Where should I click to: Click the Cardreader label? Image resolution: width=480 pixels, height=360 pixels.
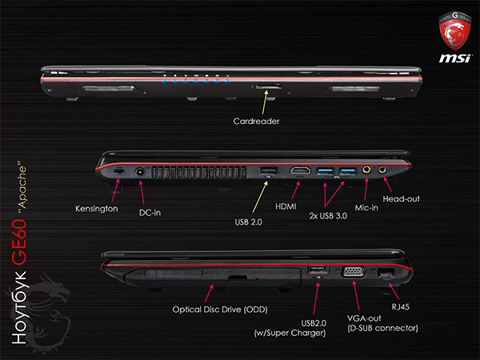click(x=256, y=122)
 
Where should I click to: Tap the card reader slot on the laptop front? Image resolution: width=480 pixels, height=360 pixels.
click(x=269, y=87)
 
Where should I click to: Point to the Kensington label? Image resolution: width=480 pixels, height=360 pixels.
click(x=97, y=209)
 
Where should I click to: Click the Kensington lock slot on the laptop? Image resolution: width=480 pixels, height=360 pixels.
click(x=118, y=171)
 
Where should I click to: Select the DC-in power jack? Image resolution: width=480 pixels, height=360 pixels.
click(x=140, y=171)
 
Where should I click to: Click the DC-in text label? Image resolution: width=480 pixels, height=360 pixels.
click(x=150, y=213)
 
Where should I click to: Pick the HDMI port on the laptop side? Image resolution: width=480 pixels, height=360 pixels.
click(x=300, y=171)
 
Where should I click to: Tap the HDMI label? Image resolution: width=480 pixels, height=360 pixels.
click(x=286, y=206)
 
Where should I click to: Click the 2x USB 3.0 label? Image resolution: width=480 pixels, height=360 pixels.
click(x=328, y=216)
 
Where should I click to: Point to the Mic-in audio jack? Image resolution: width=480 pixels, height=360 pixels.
click(x=366, y=170)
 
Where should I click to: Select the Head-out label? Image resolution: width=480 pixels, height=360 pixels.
click(x=401, y=199)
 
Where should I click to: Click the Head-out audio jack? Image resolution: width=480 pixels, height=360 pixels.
click(x=382, y=169)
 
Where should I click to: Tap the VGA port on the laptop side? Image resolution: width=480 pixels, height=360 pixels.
click(x=354, y=272)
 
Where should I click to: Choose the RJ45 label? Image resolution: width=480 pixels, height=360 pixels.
click(x=401, y=306)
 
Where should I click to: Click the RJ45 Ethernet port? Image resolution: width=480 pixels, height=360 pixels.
click(x=386, y=273)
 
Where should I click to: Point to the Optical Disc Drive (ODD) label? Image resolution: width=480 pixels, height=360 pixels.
click(x=220, y=310)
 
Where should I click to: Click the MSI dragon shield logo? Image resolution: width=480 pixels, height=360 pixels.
click(x=455, y=31)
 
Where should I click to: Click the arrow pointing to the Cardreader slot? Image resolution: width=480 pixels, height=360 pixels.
click(x=265, y=102)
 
